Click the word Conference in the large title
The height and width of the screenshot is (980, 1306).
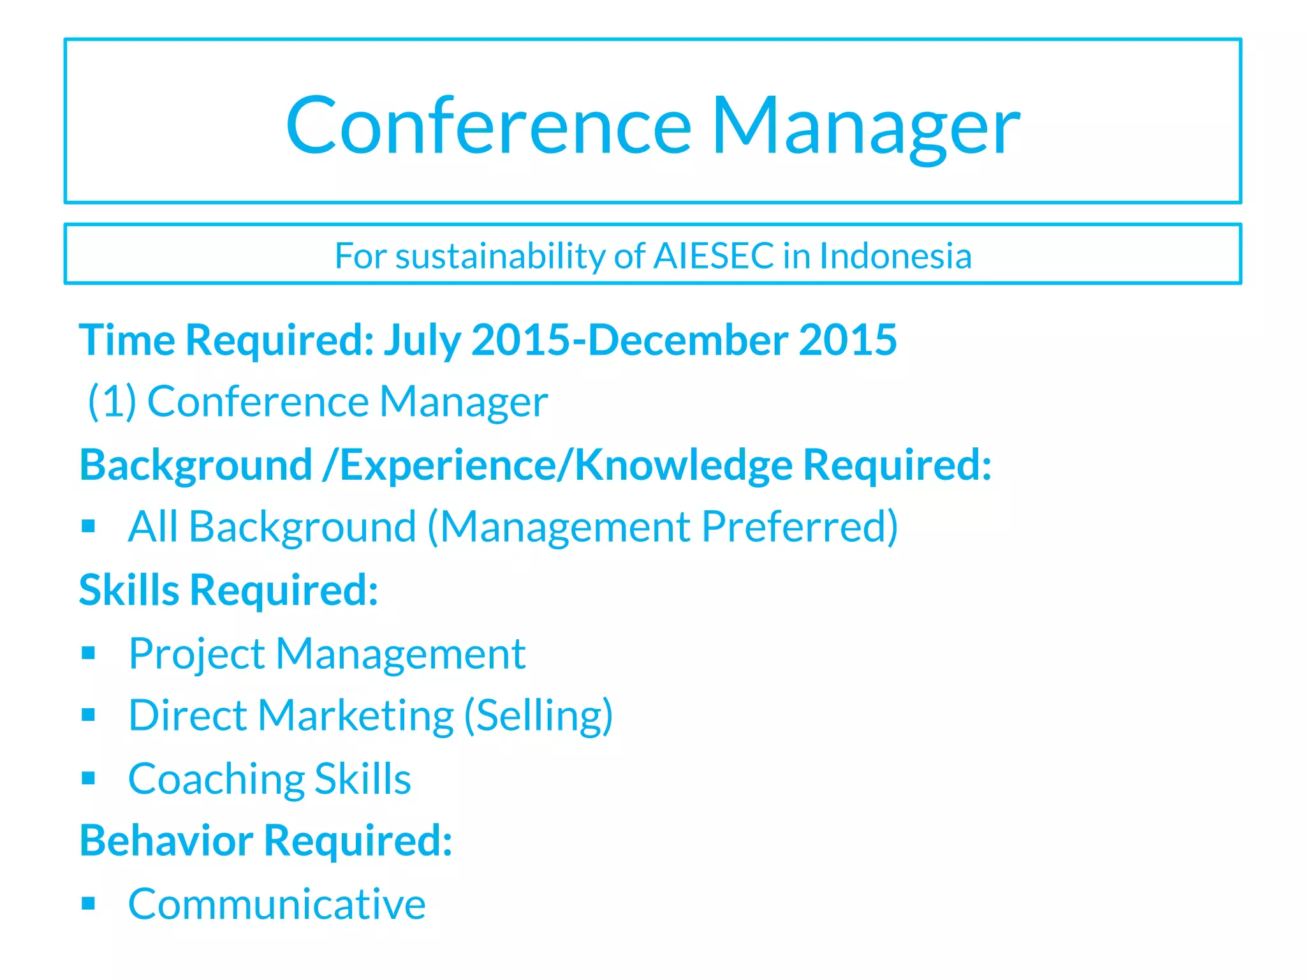click(488, 126)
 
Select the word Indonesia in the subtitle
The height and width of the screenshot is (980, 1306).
click(895, 256)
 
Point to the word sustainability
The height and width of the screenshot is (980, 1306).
click(499, 256)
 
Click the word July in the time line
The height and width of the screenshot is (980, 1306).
click(422, 340)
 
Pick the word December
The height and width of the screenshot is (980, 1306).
click(687, 340)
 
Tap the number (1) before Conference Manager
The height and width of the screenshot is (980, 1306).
click(112, 402)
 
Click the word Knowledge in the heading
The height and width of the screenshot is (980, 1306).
click(683, 464)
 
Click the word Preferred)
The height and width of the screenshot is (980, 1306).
click(800, 527)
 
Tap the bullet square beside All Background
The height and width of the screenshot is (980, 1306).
click(89, 527)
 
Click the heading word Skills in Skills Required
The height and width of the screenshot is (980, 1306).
click(129, 590)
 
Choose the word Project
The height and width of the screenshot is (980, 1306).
click(196, 654)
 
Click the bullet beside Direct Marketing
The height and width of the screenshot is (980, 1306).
click(89, 715)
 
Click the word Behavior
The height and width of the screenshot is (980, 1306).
click(166, 841)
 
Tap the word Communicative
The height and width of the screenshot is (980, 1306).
click(277, 904)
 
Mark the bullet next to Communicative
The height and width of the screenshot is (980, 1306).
click(89, 903)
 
